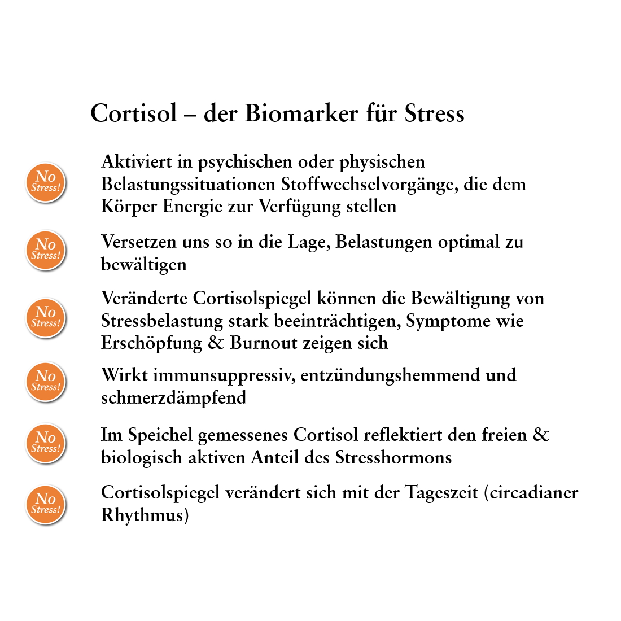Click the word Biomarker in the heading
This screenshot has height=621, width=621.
(x=302, y=113)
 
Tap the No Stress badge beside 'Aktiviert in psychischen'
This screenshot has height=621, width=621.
(x=46, y=182)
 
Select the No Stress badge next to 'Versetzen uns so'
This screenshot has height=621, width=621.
(x=46, y=250)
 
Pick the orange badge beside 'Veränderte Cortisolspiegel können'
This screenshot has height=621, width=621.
(x=46, y=318)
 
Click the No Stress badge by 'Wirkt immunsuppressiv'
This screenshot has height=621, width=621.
(x=46, y=382)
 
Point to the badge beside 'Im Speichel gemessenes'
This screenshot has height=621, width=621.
(x=46, y=443)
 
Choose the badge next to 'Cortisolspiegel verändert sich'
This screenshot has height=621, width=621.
(x=46, y=504)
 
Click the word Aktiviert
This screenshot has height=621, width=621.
(x=136, y=162)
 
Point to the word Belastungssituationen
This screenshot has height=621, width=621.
(x=189, y=185)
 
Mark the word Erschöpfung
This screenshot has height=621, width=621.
(x=151, y=343)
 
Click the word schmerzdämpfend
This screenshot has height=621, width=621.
(x=173, y=398)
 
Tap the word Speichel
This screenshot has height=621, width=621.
(x=160, y=435)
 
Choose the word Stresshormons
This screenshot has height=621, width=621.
(x=393, y=457)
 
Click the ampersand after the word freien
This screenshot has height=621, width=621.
(x=541, y=435)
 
